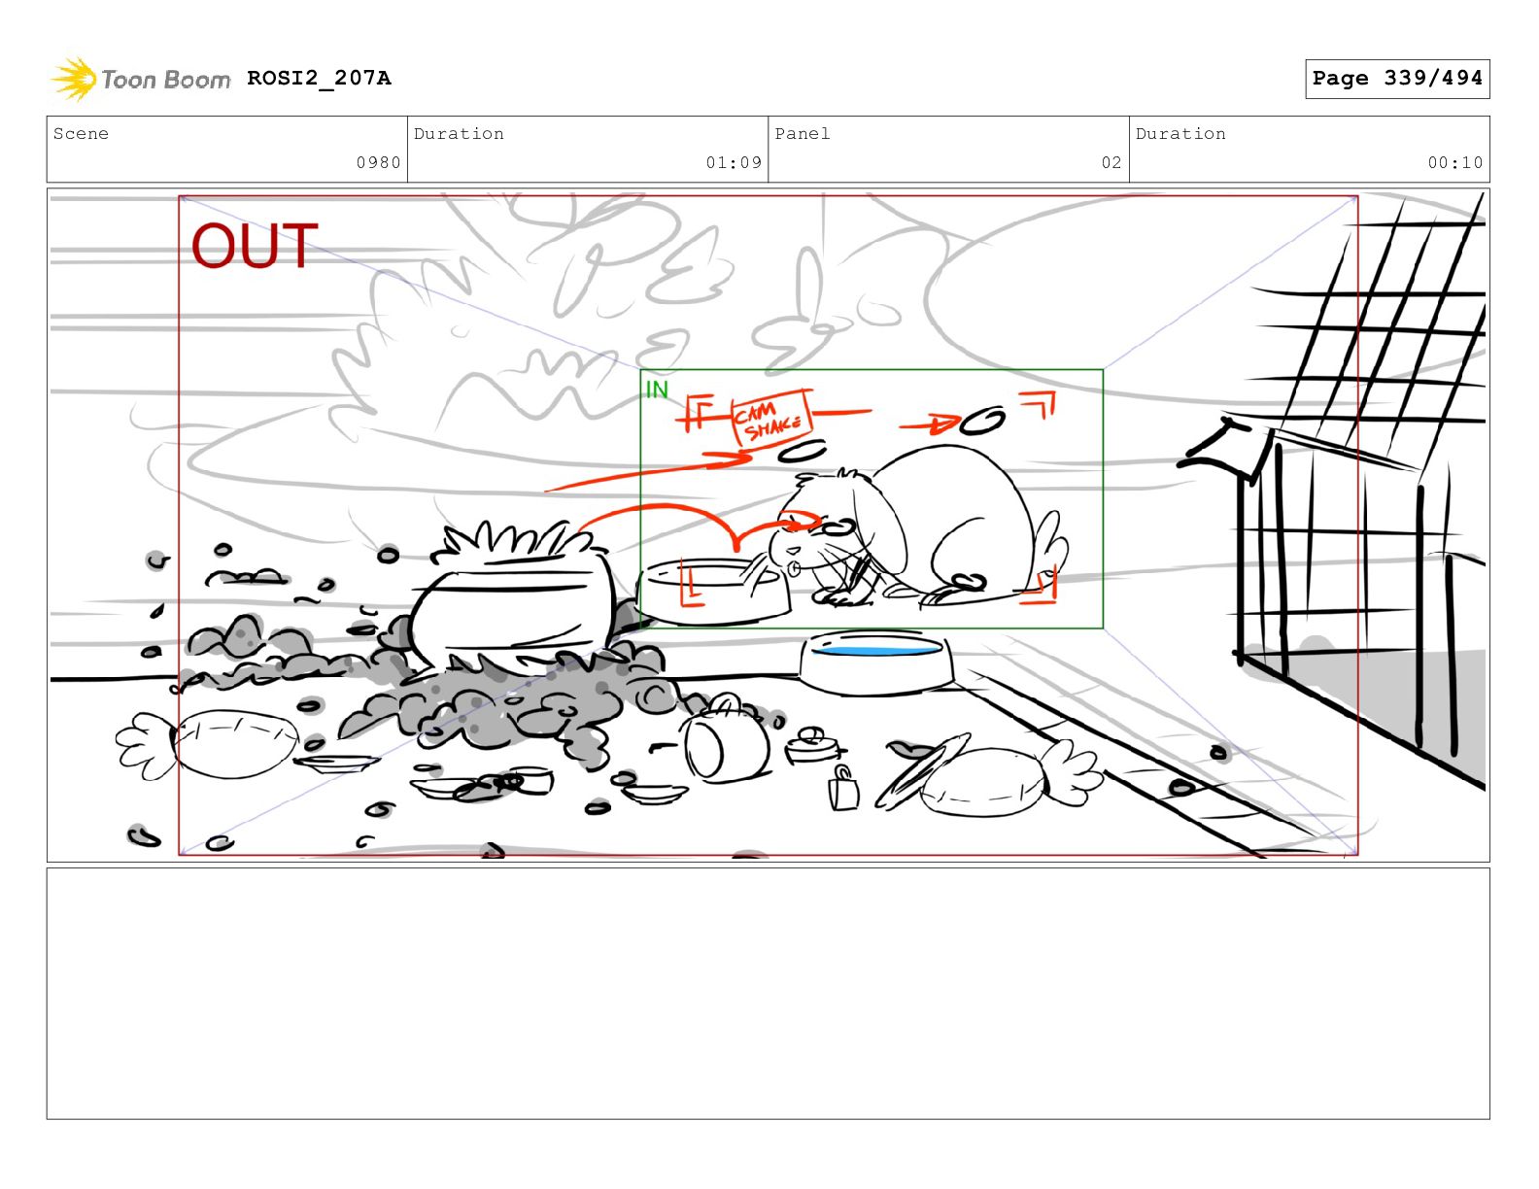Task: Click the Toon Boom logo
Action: pos(141,79)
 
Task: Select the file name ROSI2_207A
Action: pos(319,78)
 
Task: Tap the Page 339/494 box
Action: pos(1396,79)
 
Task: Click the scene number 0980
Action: pos(378,163)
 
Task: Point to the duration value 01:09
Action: pos(734,163)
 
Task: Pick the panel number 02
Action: pos(1111,163)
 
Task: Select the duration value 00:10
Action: pos(1454,163)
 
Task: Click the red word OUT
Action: pos(255,246)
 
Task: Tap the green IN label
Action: pos(657,390)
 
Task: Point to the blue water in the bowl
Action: pos(875,649)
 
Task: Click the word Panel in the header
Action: pos(802,134)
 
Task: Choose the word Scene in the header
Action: pos(81,134)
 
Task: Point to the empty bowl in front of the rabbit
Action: pos(714,591)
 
